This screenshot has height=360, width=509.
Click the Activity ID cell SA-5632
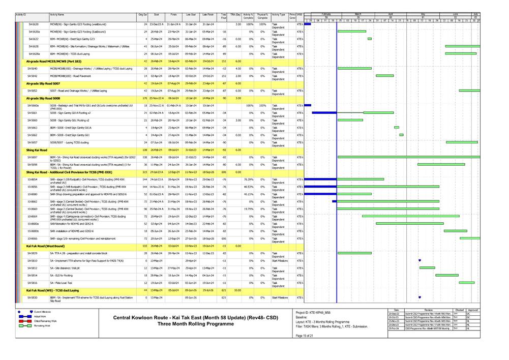point(34,39)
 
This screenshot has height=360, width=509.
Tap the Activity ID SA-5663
point(34,128)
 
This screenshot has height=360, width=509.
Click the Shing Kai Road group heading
point(37,150)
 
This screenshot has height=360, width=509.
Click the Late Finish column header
point(207,16)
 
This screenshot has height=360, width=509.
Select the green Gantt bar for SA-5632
point(370,39)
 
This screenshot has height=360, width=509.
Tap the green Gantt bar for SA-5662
point(401,135)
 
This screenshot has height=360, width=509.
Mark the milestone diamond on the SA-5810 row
point(420,260)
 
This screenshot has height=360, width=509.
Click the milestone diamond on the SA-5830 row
point(420,297)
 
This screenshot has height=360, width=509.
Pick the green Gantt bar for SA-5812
point(427,268)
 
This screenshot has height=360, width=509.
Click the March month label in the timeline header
point(358,14)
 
